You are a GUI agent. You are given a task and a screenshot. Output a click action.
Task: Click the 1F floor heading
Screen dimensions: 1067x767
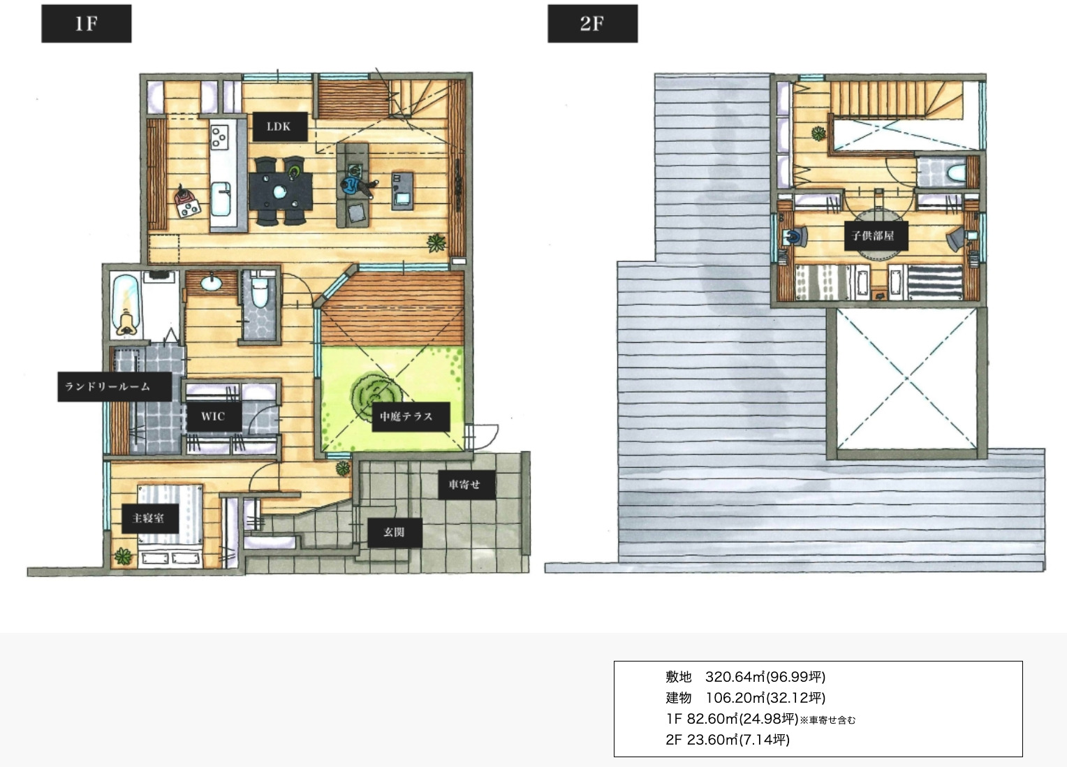pyautogui.click(x=86, y=23)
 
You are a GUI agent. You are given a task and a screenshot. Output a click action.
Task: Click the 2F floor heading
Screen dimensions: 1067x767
pyautogui.click(x=592, y=23)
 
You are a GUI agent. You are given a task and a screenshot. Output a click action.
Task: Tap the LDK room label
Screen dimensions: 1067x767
pyautogui.click(x=279, y=126)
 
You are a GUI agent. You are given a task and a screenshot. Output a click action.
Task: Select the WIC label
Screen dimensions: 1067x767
pyautogui.click(x=214, y=416)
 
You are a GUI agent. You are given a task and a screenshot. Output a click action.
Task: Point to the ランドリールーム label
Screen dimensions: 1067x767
pyautogui.click(x=115, y=386)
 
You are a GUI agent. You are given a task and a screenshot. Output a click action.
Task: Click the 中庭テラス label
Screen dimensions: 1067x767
pyautogui.click(x=411, y=417)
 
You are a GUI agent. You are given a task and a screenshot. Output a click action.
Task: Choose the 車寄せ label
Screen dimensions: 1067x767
pyautogui.click(x=466, y=485)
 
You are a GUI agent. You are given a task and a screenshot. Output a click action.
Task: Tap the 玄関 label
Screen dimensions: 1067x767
pyautogui.click(x=395, y=532)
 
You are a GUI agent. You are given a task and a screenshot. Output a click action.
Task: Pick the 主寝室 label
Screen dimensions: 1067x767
pyautogui.click(x=150, y=518)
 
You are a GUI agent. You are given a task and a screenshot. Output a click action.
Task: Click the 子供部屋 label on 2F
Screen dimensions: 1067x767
pyautogui.click(x=876, y=235)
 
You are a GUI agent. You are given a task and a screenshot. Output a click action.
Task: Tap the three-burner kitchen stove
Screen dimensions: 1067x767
pyautogui.click(x=219, y=136)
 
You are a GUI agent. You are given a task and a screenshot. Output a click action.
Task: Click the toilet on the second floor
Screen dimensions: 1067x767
pyautogui.click(x=955, y=173)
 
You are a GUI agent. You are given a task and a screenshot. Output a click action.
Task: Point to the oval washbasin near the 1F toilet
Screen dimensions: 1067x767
pyautogui.click(x=211, y=284)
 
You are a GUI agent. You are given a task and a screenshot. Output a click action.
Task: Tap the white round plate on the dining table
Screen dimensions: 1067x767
pyautogui.click(x=279, y=192)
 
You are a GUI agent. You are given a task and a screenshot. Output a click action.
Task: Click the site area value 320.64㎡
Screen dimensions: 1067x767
pyautogui.click(x=735, y=676)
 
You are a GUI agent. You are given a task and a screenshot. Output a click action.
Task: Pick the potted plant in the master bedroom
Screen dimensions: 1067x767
pyautogui.click(x=123, y=556)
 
